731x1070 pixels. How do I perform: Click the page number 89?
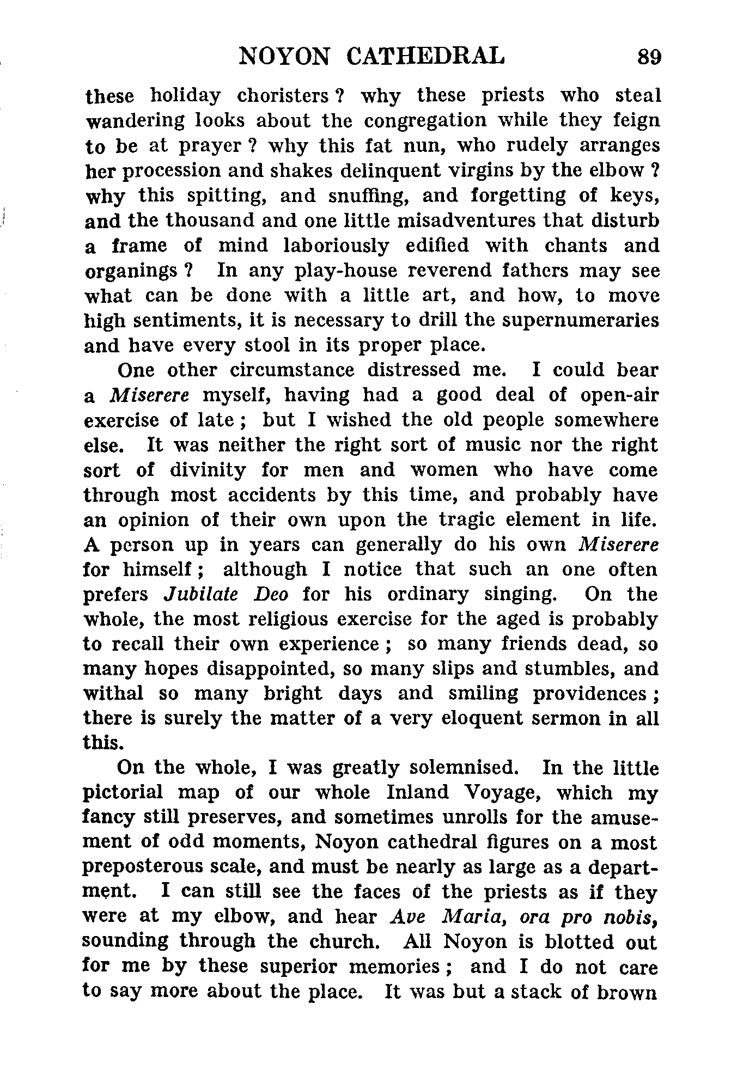point(649,56)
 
